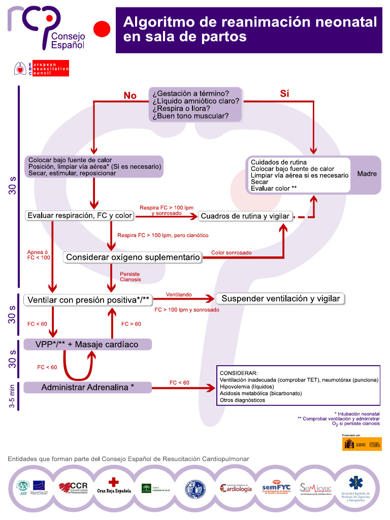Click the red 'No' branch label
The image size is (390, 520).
(x=131, y=95)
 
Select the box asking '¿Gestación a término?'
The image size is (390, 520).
(x=196, y=105)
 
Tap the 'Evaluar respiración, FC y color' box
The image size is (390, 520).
(x=80, y=215)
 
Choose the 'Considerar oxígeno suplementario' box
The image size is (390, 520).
(x=133, y=257)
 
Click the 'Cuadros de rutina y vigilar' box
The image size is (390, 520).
(x=245, y=216)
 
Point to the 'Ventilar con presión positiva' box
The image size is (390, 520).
(x=88, y=300)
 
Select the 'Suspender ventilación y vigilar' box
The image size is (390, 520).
(x=281, y=299)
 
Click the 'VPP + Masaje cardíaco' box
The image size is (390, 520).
(x=87, y=344)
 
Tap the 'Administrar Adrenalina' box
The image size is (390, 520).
(x=87, y=387)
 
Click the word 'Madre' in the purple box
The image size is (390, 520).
(x=367, y=174)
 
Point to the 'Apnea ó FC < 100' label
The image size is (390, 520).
(x=39, y=254)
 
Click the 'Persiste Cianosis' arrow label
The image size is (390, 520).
(x=131, y=277)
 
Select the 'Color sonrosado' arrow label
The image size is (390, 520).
(x=231, y=252)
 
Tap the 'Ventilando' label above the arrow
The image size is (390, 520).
(x=178, y=294)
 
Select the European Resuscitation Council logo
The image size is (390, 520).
(x=42, y=69)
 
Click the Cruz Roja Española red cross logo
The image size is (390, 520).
(x=114, y=485)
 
